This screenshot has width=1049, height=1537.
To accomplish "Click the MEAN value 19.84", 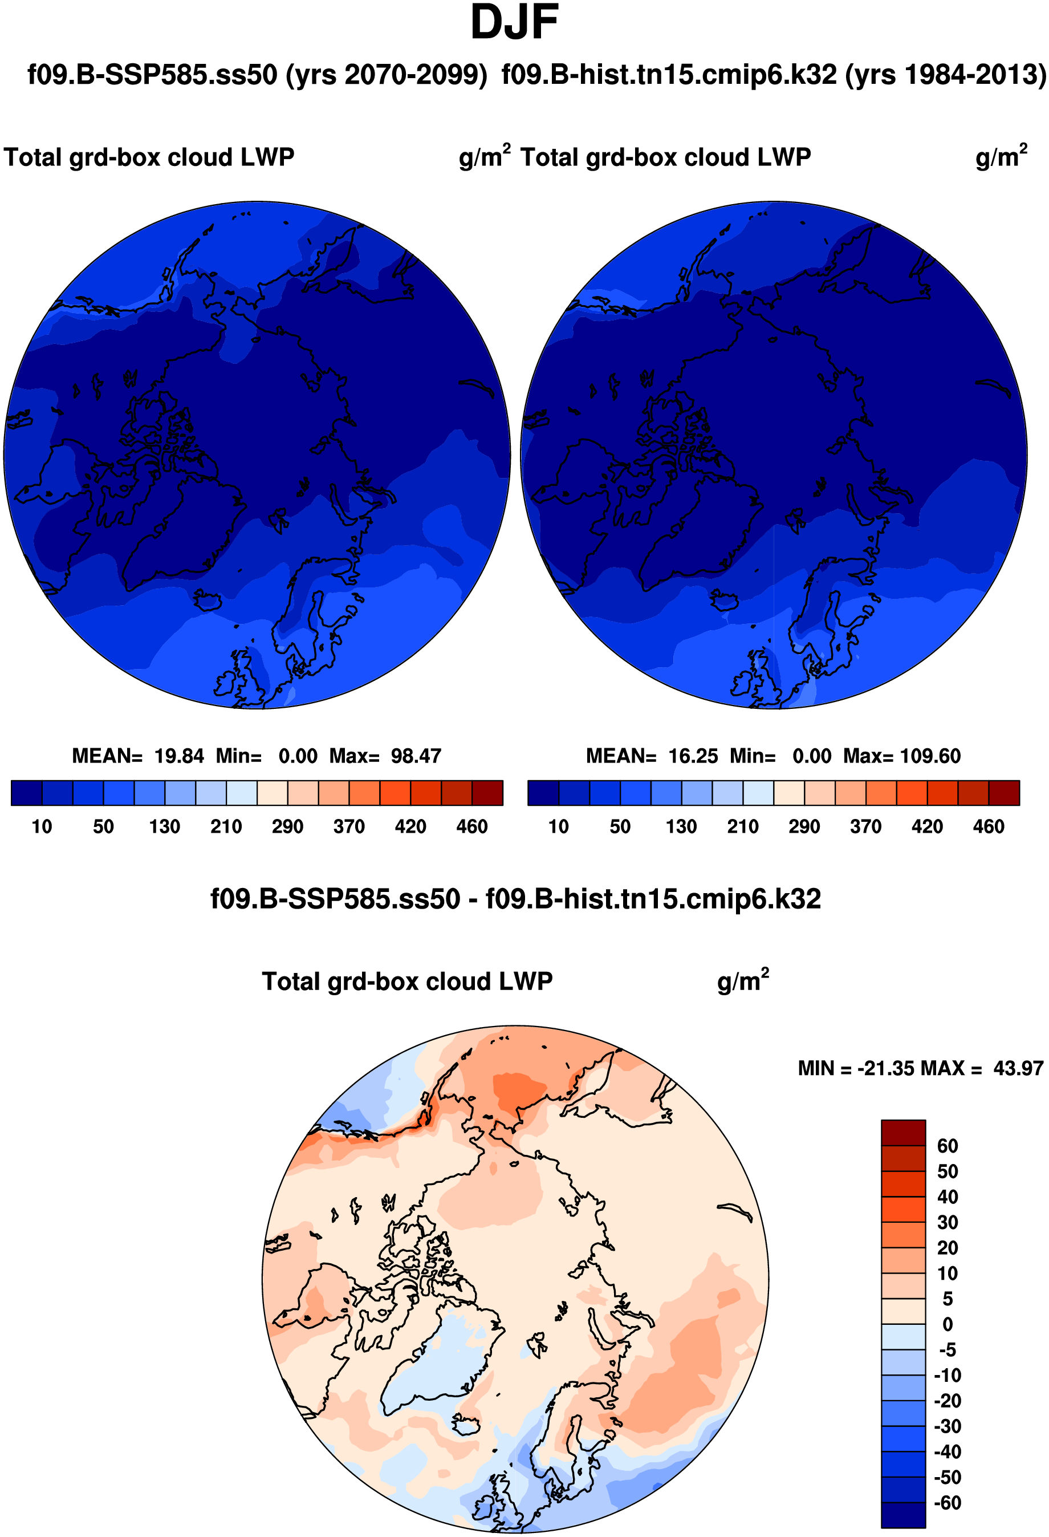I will [x=179, y=756].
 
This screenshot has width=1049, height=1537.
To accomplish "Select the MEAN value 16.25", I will [x=693, y=756].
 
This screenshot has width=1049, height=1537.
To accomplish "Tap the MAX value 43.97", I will [x=1018, y=1068].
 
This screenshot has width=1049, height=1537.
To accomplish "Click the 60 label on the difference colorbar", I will [x=947, y=1146].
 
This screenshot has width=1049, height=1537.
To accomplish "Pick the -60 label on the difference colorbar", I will [x=947, y=1503].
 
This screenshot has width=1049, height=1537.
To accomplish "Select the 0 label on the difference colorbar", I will [x=947, y=1325].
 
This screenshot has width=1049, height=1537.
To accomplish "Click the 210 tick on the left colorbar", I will [x=226, y=827].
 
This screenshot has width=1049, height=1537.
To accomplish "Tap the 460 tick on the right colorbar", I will [x=988, y=827].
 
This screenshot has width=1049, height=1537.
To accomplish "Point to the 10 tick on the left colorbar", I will [x=42, y=827].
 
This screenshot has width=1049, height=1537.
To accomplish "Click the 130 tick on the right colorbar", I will [x=681, y=827].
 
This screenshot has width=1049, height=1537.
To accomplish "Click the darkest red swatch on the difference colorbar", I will [x=903, y=1133].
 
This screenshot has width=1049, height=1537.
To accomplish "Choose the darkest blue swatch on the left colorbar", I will [x=26, y=793].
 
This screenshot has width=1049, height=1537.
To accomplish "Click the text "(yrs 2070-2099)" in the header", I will [x=387, y=75].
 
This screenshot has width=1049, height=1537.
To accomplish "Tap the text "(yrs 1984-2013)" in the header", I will [x=945, y=75].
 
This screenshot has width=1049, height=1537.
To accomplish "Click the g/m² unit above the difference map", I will [x=742, y=982].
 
